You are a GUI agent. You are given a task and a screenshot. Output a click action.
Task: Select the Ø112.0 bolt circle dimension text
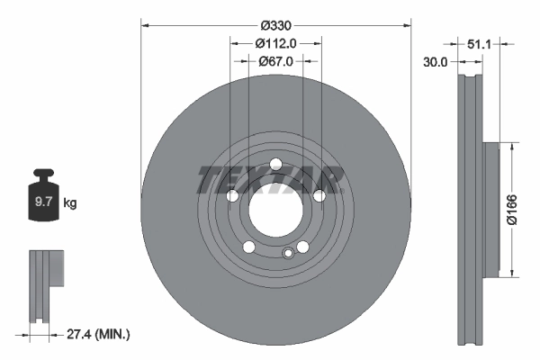pos(275,43)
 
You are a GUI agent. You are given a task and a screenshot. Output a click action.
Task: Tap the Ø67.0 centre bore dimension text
pos(275,61)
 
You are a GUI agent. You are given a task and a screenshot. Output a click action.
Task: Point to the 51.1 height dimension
pos(480,42)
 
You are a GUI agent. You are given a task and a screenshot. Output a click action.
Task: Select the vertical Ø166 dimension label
pos(510,211)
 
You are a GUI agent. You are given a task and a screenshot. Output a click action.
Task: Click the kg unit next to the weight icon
pos(70,204)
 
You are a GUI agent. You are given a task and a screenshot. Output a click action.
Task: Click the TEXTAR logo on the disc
pos(271,180)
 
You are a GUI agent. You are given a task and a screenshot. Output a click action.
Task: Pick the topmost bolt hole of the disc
pos(275,163)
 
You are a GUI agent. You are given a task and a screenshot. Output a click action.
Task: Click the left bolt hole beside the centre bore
pos(231,195)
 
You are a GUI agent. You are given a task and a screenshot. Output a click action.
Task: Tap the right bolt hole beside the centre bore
pos(319,195)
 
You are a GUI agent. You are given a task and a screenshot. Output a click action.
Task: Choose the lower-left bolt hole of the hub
pos(248,247)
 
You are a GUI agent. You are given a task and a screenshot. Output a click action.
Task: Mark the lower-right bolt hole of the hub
pos(303,247)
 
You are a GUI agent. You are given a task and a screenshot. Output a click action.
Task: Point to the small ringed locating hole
pos(288,254)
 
